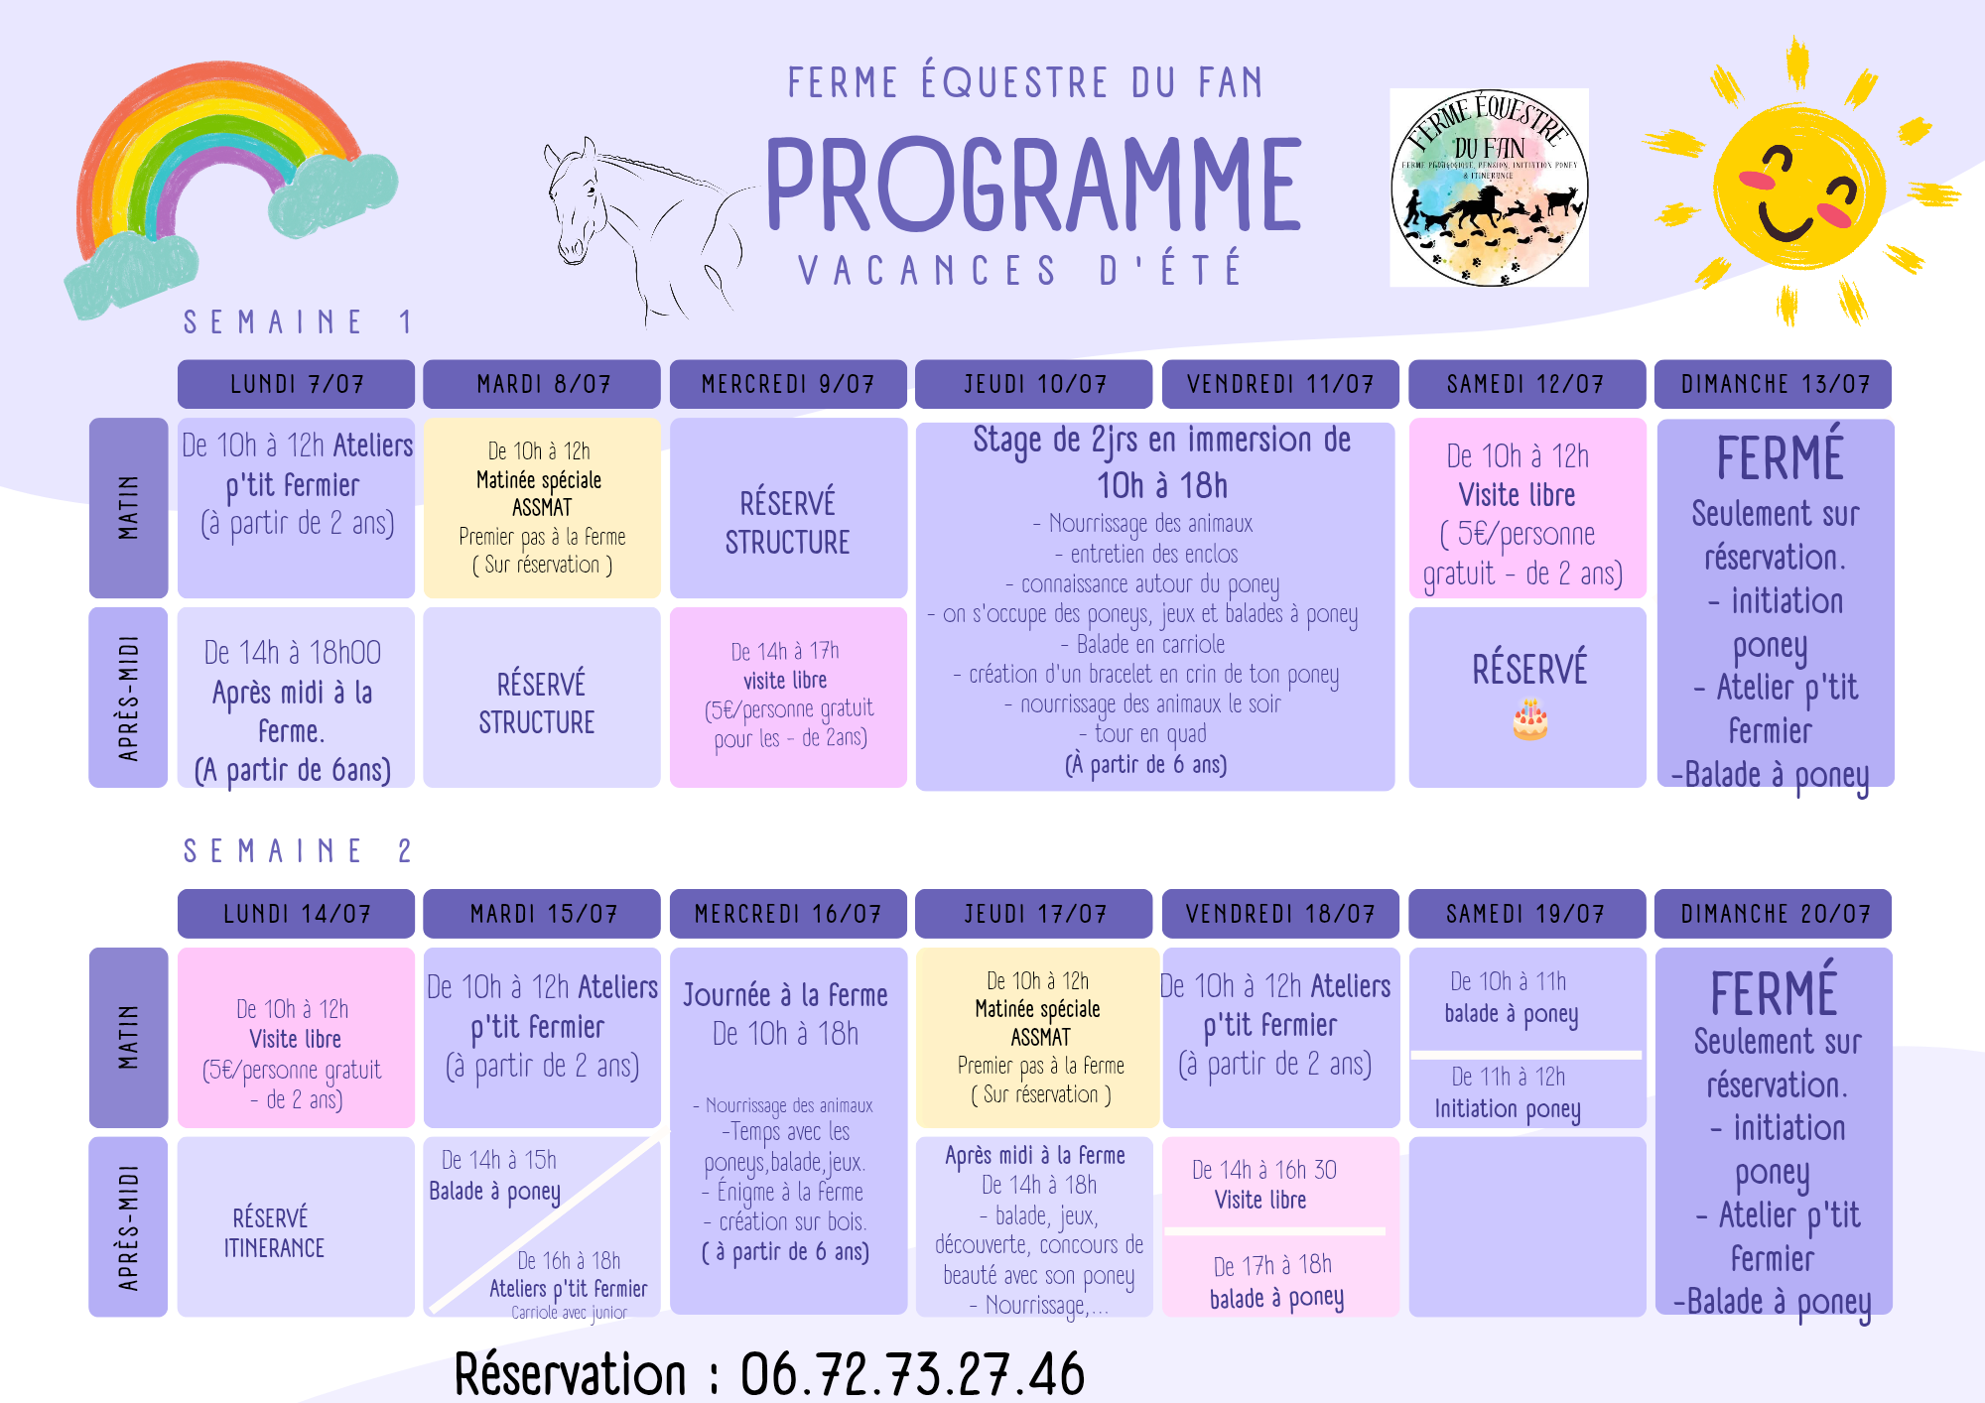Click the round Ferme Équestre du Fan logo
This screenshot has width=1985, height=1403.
point(1489,188)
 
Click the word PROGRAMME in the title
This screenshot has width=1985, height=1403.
point(1033,185)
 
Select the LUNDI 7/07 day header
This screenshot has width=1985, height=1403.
point(296,384)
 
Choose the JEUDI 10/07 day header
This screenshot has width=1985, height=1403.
point(1034,384)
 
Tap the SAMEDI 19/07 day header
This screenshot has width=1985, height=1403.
point(1526,914)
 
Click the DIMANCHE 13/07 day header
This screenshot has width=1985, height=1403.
point(1774,384)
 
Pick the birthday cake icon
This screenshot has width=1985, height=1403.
point(1529,720)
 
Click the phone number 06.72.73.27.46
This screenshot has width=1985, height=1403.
point(912,1374)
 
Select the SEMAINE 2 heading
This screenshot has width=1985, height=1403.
point(297,851)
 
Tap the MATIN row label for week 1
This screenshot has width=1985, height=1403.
point(128,507)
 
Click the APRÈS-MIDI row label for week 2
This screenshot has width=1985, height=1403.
point(128,1227)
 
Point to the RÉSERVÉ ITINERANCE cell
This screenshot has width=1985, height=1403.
point(274,1232)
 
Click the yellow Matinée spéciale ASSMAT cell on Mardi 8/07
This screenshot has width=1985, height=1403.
point(542,507)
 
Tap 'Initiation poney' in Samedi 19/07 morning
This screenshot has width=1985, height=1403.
point(1507,1108)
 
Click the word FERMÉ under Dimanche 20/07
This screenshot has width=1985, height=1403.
point(1774,992)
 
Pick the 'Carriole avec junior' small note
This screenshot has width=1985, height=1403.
point(569,1313)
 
